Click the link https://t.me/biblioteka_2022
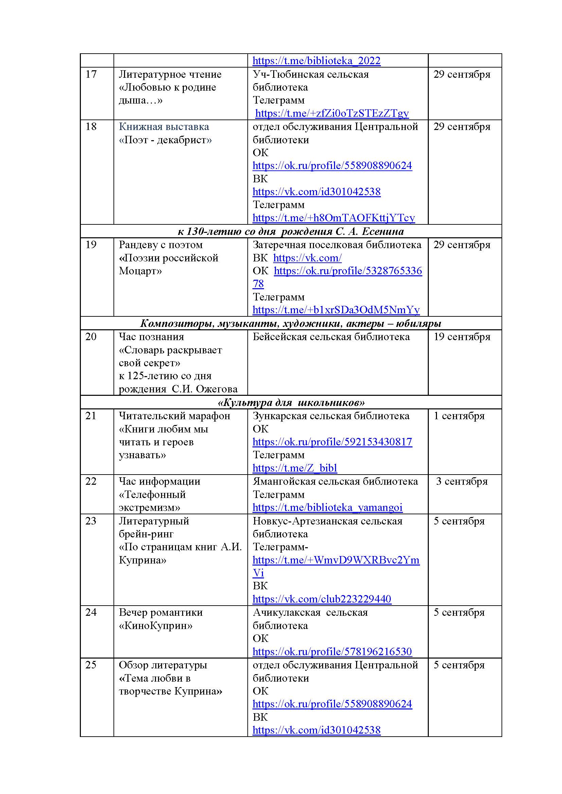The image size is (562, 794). [x=316, y=61]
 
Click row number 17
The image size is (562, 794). [x=91, y=74]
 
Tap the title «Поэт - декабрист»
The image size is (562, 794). [x=165, y=140]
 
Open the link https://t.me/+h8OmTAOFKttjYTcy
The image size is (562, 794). [x=334, y=218]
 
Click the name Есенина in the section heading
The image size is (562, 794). [x=382, y=232]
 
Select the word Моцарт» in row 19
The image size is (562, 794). [x=140, y=271]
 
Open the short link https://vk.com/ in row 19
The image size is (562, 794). [x=307, y=258]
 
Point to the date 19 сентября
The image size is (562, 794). [x=462, y=337]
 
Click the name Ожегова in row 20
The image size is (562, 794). [x=217, y=389]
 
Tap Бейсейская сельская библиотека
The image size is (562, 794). [x=331, y=337]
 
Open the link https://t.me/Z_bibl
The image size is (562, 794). [x=295, y=468]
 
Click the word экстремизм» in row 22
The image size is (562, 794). [x=150, y=507]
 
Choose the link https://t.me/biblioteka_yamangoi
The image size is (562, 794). [x=327, y=507]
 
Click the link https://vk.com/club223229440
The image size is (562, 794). [x=322, y=599]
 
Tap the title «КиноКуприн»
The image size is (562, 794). [x=155, y=626]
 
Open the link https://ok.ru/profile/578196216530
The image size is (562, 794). [x=332, y=652]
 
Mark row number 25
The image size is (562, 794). [x=91, y=665]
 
